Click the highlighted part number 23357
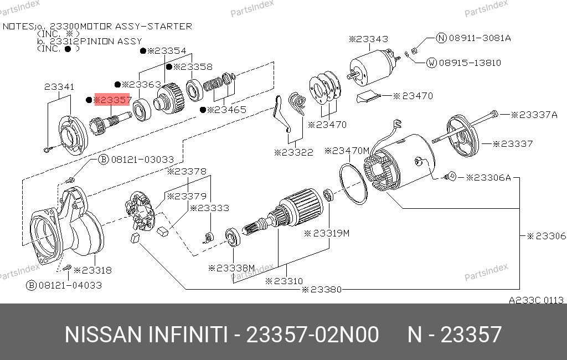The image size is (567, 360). tap(112, 100)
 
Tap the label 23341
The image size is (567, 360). tap(59, 87)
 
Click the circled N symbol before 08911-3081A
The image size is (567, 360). tap(441, 38)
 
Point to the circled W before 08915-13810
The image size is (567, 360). tap(431, 63)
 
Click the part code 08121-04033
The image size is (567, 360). tap(70, 285)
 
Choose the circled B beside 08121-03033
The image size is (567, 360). tap(104, 159)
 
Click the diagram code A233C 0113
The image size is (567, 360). tap(536, 300)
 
